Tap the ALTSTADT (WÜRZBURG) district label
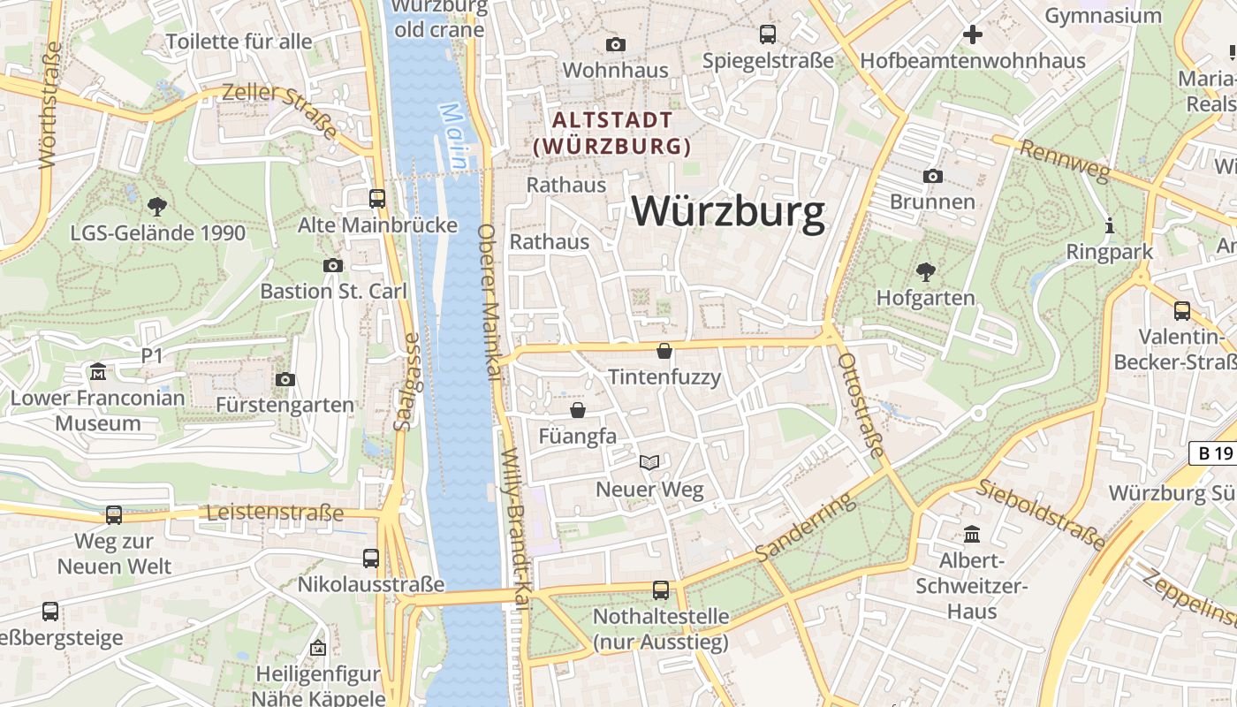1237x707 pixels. (613, 133)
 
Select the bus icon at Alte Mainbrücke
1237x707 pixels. (377, 199)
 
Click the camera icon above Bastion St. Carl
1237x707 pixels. (333, 265)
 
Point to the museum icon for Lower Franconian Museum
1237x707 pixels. (97, 372)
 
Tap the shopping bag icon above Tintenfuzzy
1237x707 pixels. (664, 352)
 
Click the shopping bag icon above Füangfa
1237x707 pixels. (578, 410)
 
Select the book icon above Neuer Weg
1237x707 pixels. (649, 462)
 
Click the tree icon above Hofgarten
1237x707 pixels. (925, 271)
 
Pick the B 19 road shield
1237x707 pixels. (1211, 453)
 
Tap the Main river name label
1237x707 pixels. (453, 136)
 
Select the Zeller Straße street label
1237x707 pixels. (280, 110)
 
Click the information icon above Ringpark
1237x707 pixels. (1110, 225)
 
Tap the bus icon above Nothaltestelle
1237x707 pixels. (661, 590)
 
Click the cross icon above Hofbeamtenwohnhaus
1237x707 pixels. (973, 34)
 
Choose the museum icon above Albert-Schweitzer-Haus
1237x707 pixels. (973, 535)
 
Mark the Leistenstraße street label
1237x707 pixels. (275, 513)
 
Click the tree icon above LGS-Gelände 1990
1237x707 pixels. (157, 207)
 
